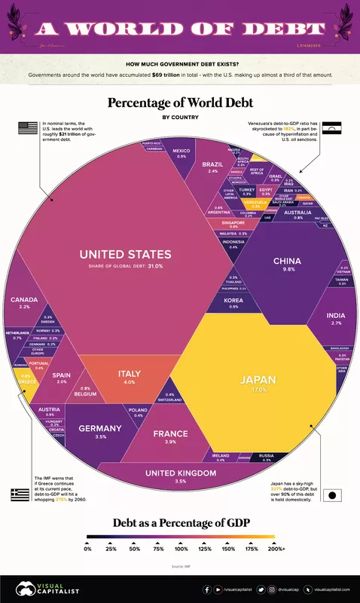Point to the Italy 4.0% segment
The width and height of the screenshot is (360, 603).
coord(129,375)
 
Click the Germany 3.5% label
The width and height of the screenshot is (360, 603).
coord(99,430)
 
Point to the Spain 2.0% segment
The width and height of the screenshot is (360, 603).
coord(62,377)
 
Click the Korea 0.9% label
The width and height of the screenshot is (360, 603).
coord(233,302)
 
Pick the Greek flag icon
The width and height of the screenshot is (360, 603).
coord(20,494)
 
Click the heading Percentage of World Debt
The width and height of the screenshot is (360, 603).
coord(179,103)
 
